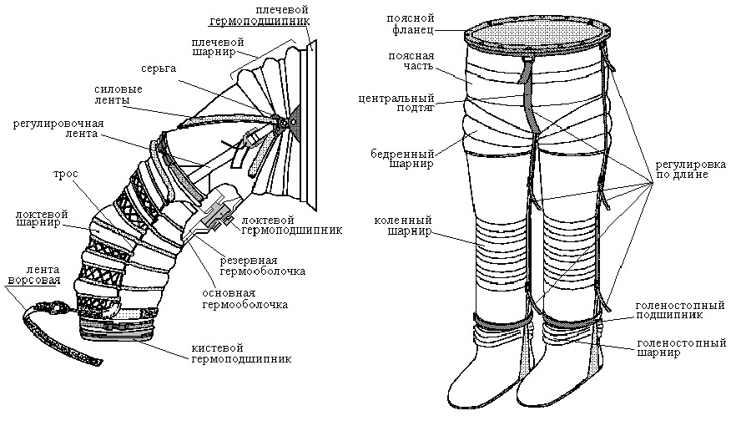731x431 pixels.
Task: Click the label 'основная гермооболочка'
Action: tap(245, 299)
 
